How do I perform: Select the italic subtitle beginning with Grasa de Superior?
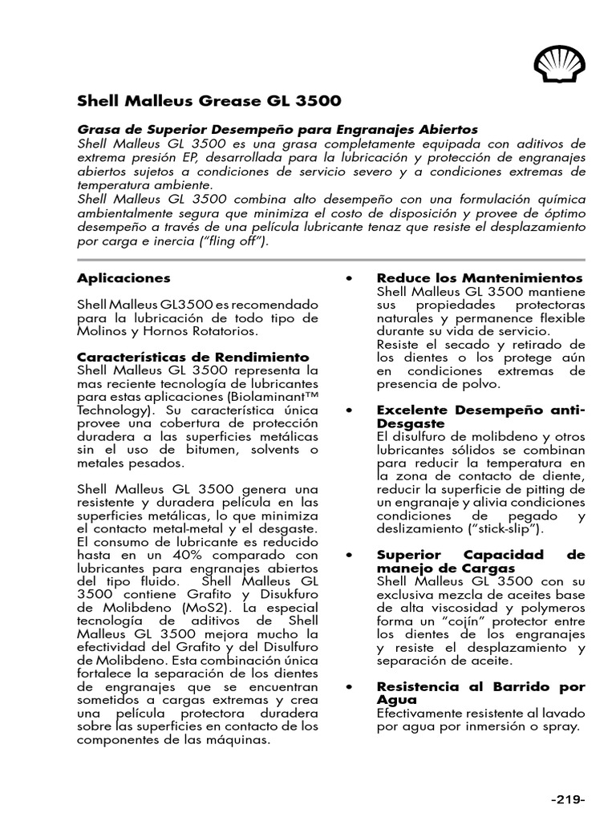pyautogui.click(x=277, y=129)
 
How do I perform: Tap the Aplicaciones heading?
pyautogui.click(x=124, y=278)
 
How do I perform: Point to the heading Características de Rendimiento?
pyautogui.click(x=192, y=357)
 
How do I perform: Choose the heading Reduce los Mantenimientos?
pyautogui.click(x=480, y=278)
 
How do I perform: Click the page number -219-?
pyautogui.click(x=568, y=799)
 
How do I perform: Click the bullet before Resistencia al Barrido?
pyautogui.click(x=349, y=688)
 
